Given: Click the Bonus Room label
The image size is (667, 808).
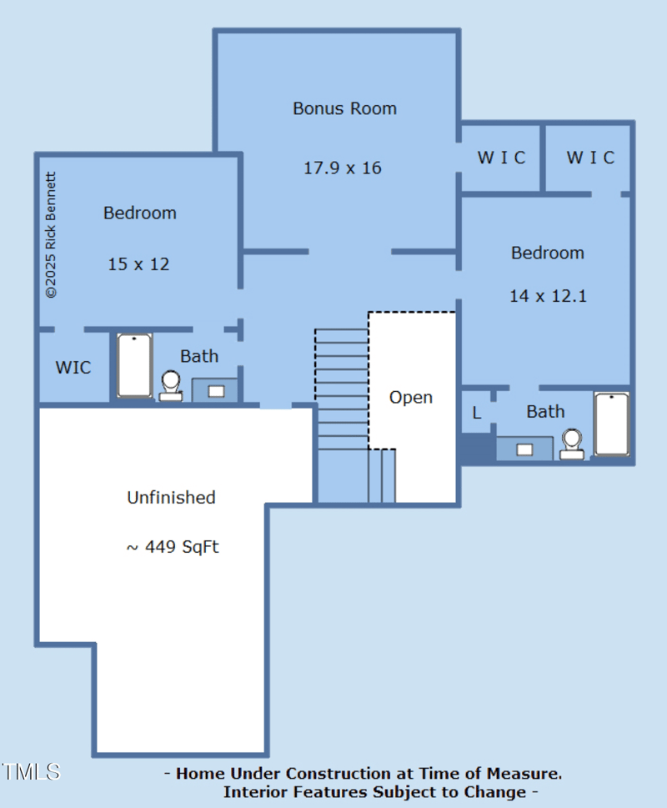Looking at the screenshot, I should pyautogui.click(x=344, y=108).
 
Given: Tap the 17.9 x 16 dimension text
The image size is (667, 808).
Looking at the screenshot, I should pyautogui.click(x=342, y=168).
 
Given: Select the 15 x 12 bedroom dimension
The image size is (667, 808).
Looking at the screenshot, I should pyautogui.click(x=138, y=264).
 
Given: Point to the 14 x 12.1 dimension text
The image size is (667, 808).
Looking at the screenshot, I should pyautogui.click(x=548, y=296).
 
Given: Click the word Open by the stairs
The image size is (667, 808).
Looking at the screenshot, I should pyautogui.click(x=411, y=398).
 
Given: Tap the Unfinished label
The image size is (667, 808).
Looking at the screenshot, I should pyautogui.click(x=171, y=498).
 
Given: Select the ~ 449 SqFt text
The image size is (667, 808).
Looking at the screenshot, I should pyautogui.click(x=172, y=547).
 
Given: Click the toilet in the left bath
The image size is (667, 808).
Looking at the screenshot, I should pyautogui.click(x=171, y=386).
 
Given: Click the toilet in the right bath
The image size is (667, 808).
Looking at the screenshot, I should pyautogui.click(x=572, y=444).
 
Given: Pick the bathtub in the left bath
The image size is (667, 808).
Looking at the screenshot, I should pyautogui.click(x=134, y=365).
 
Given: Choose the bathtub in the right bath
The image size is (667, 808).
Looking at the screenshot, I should pyautogui.click(x=611, y=424).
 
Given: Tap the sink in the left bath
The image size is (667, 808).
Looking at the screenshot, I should pyautogui.click(x=216, y=390).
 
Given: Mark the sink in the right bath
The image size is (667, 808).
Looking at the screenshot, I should pyautogui.click(x=524, y=449).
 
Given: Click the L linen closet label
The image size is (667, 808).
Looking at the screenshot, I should pyautogui.click(x=477, y=413).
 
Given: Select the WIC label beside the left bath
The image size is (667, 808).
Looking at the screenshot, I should pyautogui.click(x=73, y=368).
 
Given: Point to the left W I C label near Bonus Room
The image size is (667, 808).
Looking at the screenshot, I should pyautogui.click(x=501, y=158).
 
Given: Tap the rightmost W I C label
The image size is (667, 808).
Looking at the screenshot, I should pyautogui.click(x=590, y=158).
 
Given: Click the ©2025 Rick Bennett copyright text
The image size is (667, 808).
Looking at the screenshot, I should pyautogui.click(x=51, y=235).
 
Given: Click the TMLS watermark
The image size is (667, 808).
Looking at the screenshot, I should pyautogui.click(x=31, y=771).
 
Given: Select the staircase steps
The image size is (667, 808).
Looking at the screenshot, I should pyautogui.click(x=342, y=384).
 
